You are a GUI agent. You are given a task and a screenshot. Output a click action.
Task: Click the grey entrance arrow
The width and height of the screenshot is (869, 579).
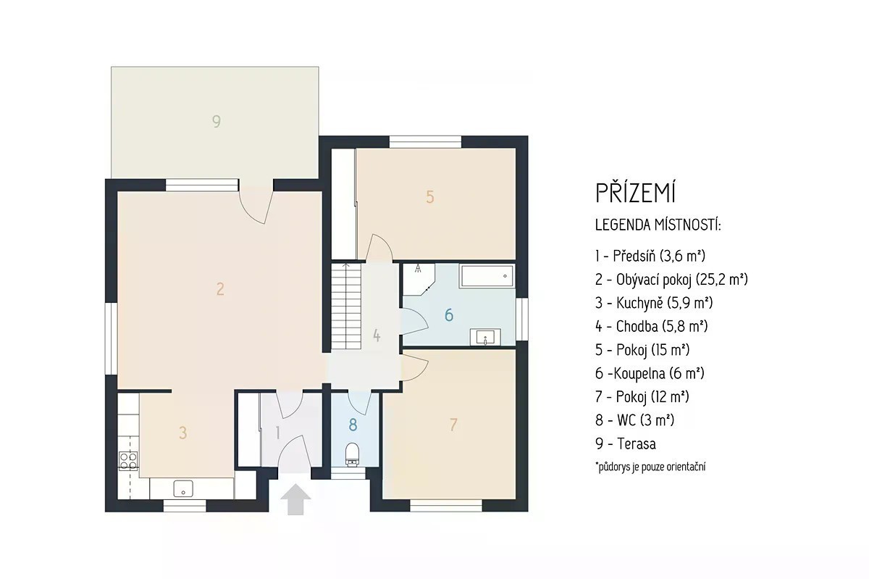pyautogui.click(x=295, y=499)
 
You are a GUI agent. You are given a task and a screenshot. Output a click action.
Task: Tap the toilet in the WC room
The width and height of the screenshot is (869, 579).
pyautogui.click(x=352, y=454)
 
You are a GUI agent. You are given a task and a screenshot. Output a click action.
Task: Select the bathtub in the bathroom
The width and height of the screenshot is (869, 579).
pyautogui.click(x=487, y=276)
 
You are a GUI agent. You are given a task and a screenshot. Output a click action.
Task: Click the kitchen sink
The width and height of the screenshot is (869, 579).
pyautogui.click(x=183, y=488)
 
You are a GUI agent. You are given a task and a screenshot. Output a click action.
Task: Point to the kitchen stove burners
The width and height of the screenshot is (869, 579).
pyautogui.click(x=128, y=461)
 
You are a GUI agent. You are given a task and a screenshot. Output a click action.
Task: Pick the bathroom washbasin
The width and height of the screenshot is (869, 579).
pyautogui.click(x=485, y=337)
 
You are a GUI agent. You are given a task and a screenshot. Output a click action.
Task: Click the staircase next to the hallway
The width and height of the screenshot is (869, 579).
pyautogui.click(x=346, y=307)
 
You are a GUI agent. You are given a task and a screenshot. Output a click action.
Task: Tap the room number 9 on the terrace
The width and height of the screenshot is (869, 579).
pyautogui.click(x=217, y=121)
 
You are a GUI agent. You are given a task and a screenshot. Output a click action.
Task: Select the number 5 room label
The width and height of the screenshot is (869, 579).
pyautogui.click(x=430, y=197)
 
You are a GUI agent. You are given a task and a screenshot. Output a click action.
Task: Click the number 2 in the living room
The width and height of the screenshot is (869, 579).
pyautogui.click(x=220, y=289)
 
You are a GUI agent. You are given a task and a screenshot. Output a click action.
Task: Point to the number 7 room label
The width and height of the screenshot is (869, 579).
pyautogui.click(x=453, y=425)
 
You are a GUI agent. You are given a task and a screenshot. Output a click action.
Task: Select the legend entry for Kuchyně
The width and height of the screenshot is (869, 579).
pyautogui.click(x=654, y=303)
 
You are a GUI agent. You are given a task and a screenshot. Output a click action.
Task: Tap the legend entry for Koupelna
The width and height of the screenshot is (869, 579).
pyautogui.click(x=650, y=373)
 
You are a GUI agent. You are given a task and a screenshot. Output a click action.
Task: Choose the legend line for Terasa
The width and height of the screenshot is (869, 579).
pyautogui.click(x=626, y=444)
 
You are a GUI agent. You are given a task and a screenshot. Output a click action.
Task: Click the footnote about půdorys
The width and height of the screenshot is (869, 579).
pyautogui.click(x=650, y=467)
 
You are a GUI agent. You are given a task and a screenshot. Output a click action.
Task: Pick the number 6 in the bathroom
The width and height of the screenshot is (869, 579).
pyautogui.click(x=449, y=315)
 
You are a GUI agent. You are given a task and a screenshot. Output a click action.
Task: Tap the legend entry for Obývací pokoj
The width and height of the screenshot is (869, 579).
pyautogui.click(x=671, y=280)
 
